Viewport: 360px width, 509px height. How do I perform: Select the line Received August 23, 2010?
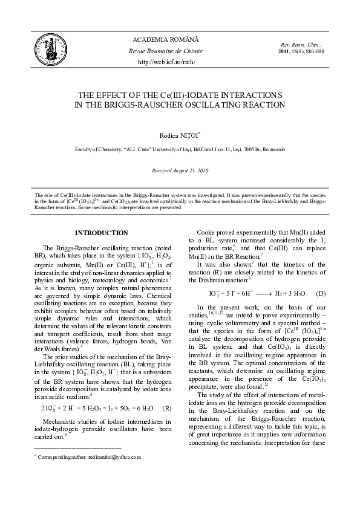pos(179,171)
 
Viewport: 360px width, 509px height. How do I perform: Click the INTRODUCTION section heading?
pos(101,233)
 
